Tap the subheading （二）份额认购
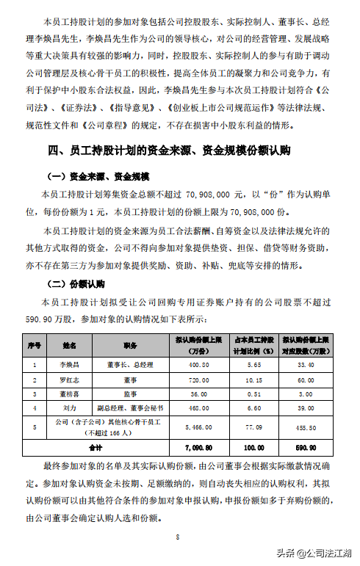coord(76,283)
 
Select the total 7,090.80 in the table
coord(200,446)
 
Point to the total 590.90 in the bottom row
coord(307,446)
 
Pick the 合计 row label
coord(96,446)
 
